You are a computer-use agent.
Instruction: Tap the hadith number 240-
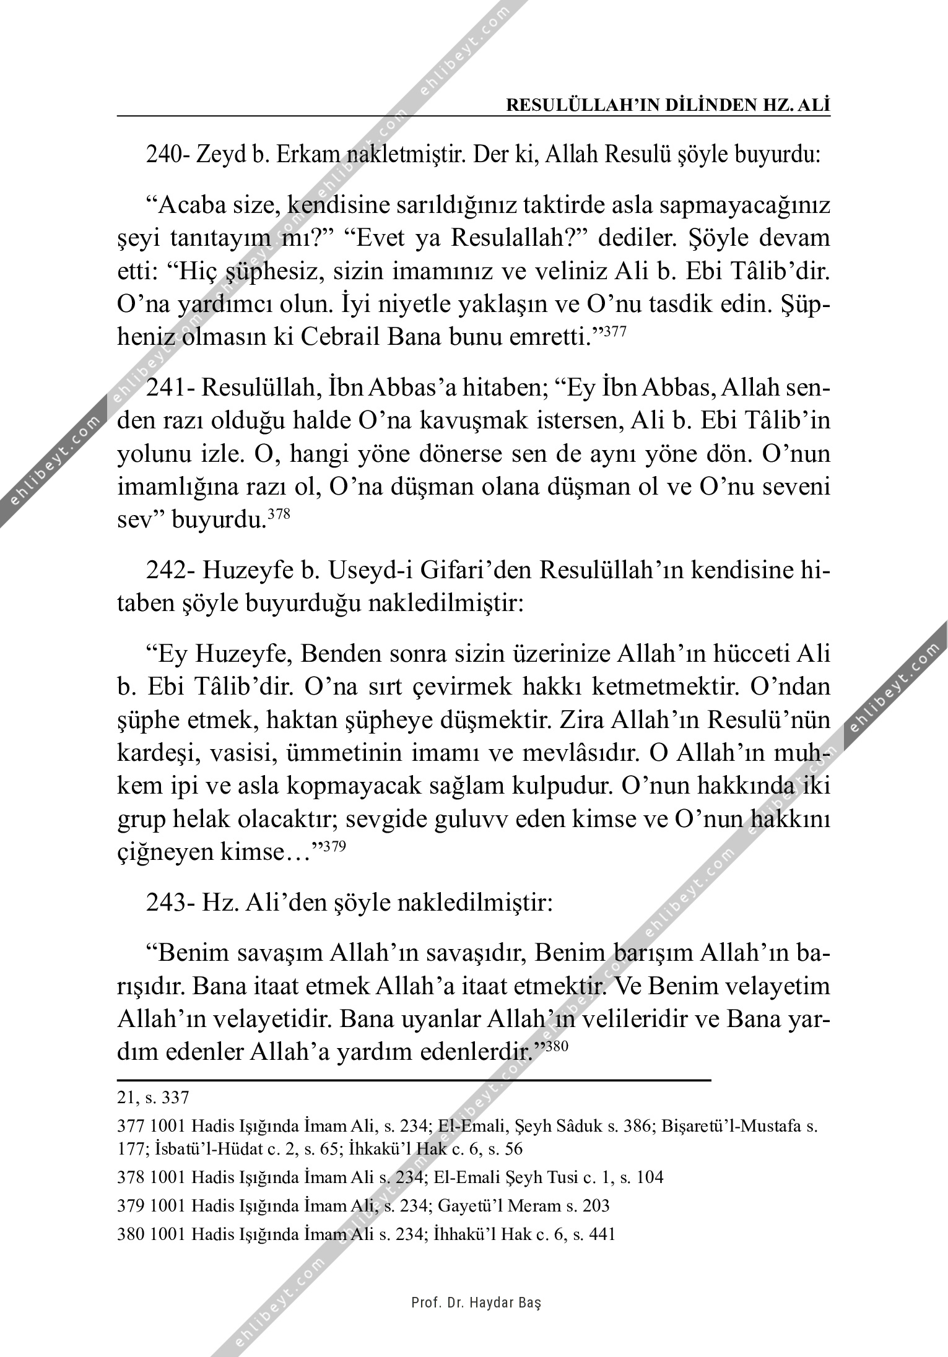(x=168, y=154)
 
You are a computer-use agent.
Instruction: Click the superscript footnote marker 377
(x=615, y=331)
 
